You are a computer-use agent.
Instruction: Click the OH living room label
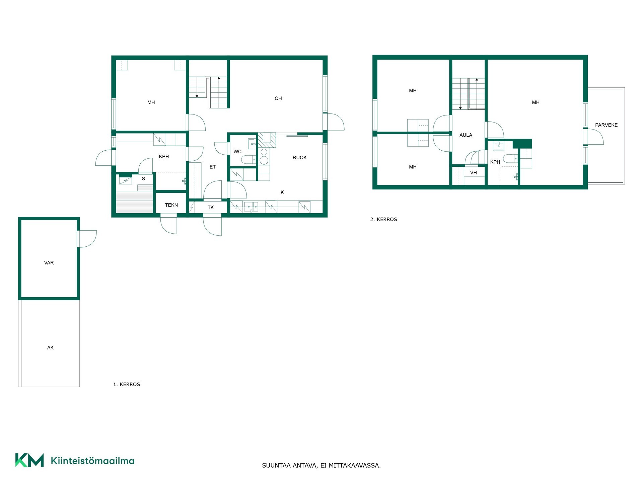click(278, 98)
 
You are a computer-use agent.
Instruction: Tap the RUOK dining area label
click(299, 158)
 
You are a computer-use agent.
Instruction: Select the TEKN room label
click(171, 205)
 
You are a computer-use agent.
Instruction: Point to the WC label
click(237, 152)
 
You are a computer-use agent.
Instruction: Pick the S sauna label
click(143, 179)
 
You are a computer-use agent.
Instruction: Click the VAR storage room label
click(49, 263)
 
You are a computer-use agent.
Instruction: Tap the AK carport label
click(50, 348)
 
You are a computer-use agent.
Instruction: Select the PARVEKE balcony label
click(606, 125)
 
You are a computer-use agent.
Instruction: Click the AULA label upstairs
click(466, 135)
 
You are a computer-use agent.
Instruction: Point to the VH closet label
click(473, 173)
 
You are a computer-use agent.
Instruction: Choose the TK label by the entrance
click(211, 208)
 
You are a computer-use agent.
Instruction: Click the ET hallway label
click(213, 167)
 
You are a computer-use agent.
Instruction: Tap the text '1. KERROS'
click(127, 385)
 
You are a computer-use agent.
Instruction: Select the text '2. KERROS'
click(383, 220)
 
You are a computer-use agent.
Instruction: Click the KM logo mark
click(29, 460)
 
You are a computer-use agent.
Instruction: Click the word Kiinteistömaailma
click(92, 461)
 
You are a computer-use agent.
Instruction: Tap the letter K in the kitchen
click(282, 192)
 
